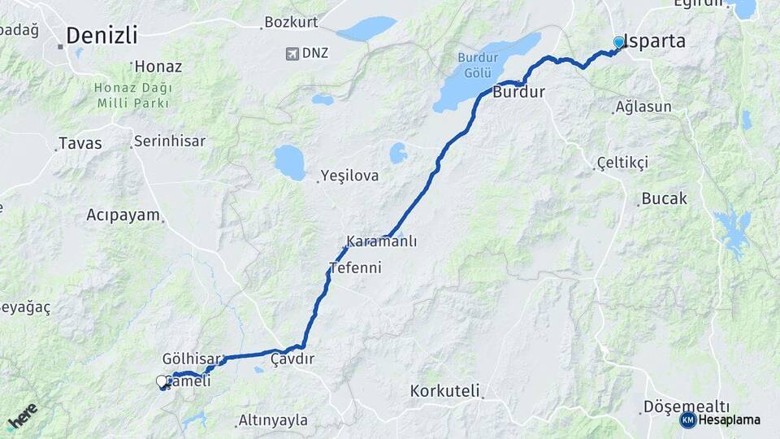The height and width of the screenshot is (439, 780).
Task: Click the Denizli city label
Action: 102,36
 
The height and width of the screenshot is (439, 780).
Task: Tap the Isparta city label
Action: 655,41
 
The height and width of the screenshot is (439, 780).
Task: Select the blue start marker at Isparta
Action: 619,42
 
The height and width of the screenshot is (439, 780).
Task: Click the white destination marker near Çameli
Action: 162,381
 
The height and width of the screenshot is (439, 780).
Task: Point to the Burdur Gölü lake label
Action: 476,65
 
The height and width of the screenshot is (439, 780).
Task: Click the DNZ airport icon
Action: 292,54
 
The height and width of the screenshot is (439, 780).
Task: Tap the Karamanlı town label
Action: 381,241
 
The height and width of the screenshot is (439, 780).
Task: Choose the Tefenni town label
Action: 355,267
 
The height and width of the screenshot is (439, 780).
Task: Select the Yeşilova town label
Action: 349,175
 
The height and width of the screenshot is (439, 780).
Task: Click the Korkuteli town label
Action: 445,390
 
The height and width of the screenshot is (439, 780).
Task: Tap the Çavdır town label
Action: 292,359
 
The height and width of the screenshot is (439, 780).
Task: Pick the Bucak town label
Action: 664,198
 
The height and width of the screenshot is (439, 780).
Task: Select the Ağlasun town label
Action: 643,107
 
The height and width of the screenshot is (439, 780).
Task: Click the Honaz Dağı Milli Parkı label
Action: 132,94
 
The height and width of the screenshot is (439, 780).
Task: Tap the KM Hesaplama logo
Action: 720,419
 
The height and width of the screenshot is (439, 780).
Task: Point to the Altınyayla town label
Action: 273,420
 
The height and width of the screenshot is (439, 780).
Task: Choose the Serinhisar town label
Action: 170,141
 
